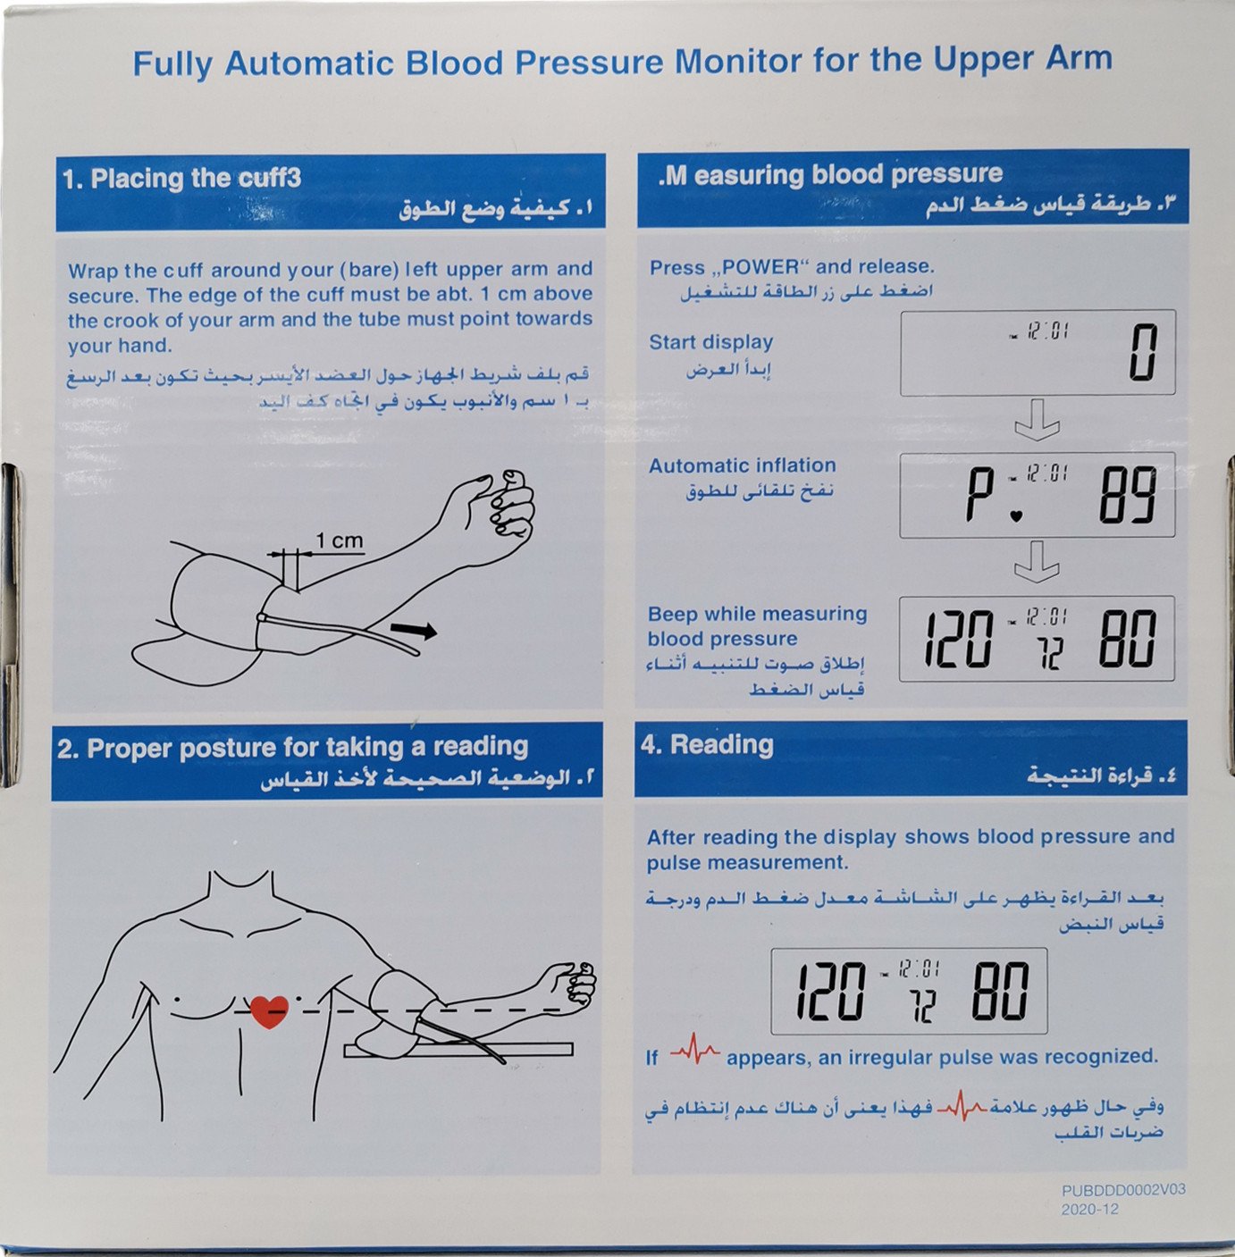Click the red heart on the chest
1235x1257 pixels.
pyautogui.click(x=269, y=1011)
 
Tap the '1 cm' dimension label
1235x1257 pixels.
pyautogui.click(x=339, y=541)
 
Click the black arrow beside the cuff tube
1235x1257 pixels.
pyautogui.click(x=413, y=630)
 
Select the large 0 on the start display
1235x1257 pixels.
pyautogui.click(x=1143, y=352)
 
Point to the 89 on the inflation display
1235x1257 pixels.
pyautogui.click(x=1127, y=495)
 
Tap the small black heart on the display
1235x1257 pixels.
pyautogui.click(x=1015, y=516)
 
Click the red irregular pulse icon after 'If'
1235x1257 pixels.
pyautogui.click(x=694, y=1049)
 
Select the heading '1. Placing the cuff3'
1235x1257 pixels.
pyautogui.click(x=181, y=178)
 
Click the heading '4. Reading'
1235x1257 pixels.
pyautogui.click(x=707, y=744)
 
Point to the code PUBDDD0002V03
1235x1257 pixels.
pyautogui.click(x=1123, y=1189)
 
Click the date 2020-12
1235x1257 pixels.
pyautogui.click(x=1089, y=1210)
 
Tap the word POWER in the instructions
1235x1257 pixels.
pyautogui.click(x=760, y=267)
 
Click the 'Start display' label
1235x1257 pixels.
pyautogui.click(x=710, y=342)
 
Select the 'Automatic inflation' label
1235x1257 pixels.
pyautogui.click(x=743, y=465)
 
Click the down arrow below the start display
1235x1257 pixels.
pyautogui.click(x=1037, y=420)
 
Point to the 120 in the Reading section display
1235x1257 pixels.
pyautogui.click(x=832, y=991)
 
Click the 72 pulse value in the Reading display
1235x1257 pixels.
pyautogui.click(x=924, y=1006)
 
